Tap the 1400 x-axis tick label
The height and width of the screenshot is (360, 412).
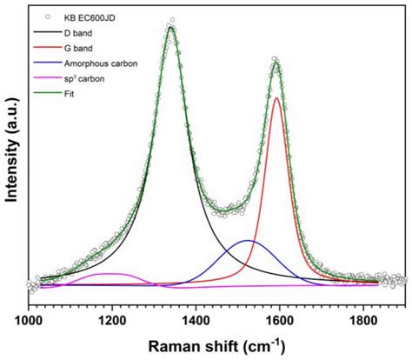196,322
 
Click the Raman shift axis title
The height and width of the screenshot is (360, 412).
217,345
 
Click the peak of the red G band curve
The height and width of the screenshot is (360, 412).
276,98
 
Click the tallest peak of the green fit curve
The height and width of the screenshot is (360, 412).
171,27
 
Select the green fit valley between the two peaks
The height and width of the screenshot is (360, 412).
228,210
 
